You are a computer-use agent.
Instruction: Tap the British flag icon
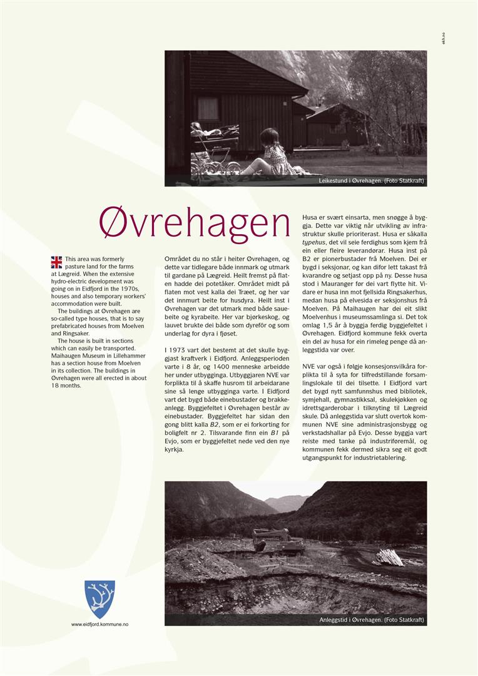pos(57,262)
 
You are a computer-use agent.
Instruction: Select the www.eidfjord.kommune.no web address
pos(99,624)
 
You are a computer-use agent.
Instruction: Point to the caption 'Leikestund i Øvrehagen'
pos(372,181)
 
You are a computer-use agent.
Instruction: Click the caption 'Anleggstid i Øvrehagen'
pos(372,620)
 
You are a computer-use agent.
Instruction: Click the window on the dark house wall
pos(208,108)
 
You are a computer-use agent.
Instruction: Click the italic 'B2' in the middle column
pos(214,424)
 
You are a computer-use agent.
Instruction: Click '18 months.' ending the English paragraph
pos(66,386)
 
